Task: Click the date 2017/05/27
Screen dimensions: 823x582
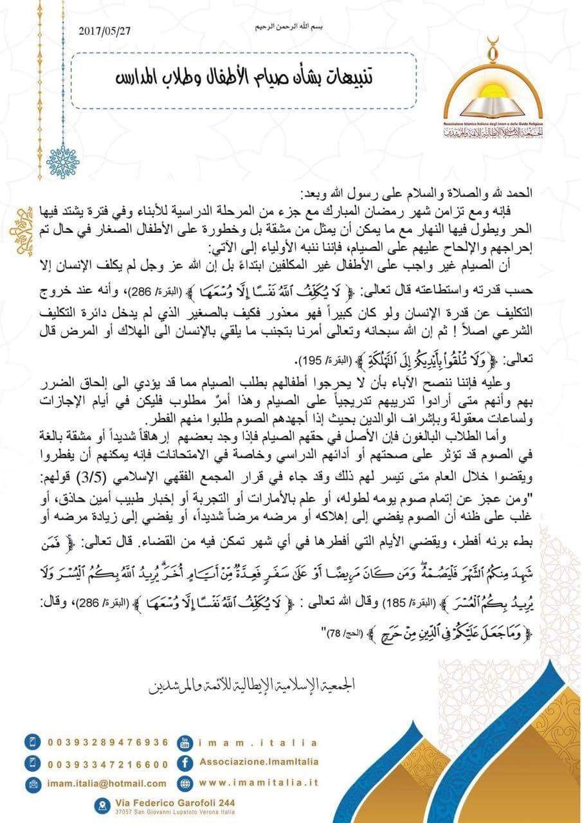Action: pos(104,30)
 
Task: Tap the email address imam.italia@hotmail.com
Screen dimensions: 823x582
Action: pos(107,783)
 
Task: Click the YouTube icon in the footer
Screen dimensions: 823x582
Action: pos(185,742)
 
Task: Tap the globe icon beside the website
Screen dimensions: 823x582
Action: pos(185,783)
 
